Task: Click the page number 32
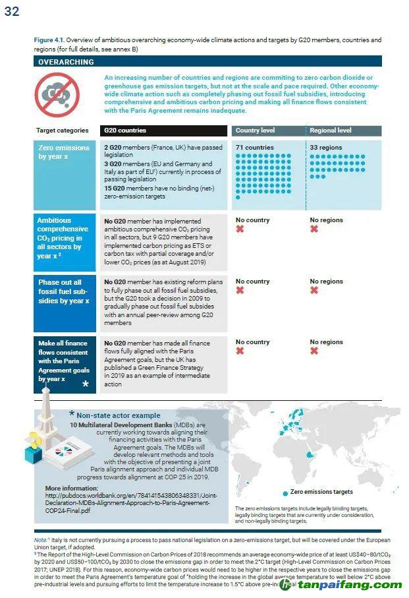coord(12,11)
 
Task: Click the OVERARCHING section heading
coord(66,62)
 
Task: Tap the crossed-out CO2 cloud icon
coord(52,94)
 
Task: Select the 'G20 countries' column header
coord(125,131)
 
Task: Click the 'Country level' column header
coord(256,131)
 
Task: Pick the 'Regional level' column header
coord(331,131)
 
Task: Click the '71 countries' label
coord(254,148)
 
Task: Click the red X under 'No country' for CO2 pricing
coord(240,229)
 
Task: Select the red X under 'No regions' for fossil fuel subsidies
coord(314,290)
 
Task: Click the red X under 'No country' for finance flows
coord(240,351)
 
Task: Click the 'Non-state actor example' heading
coord(118,415)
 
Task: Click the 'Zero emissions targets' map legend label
coord(321,492)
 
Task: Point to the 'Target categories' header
coord(62,131)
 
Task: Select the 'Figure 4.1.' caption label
coord(49,40)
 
